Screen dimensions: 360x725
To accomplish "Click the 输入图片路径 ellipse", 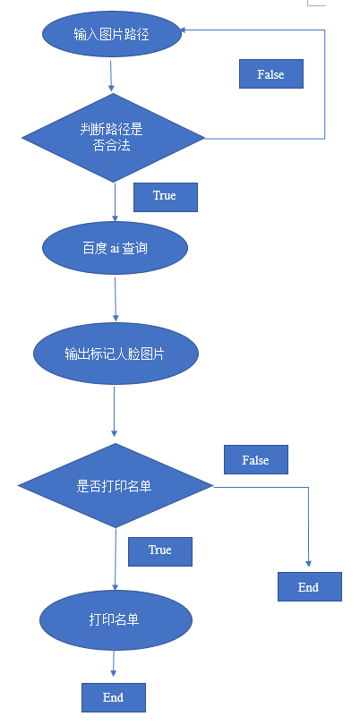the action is [x=112, y=34].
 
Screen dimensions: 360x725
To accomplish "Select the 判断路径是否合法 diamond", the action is [x=114, y=138].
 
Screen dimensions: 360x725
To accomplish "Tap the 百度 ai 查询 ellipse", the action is [x=115, y=248].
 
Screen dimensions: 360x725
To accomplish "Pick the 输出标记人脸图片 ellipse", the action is [x=116, y=354].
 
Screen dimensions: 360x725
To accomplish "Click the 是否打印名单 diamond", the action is [x=116, y=485].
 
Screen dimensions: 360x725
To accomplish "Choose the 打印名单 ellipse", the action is [x=116, y=620].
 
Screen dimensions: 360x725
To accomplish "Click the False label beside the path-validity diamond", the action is [x=271, y=74].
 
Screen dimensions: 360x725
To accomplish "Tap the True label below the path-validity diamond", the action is [x=166, y=198].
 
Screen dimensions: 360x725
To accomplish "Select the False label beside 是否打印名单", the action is [x=256, y=459].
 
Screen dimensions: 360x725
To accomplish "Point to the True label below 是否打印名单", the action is [x=160, y=551].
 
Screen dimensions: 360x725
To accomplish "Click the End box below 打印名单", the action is [x=114, y=697].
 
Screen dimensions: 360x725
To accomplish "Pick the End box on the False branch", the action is [x=310, y=587].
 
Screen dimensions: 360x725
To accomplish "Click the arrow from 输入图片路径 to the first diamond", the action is [x=111, y=75].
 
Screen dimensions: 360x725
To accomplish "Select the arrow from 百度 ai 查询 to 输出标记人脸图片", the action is [x=116, y=299].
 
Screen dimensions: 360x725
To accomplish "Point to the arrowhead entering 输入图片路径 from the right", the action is [x=183, y=30].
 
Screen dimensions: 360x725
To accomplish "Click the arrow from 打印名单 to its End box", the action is [x=114, y=664].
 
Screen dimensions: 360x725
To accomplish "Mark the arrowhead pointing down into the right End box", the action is [x=309, y=564].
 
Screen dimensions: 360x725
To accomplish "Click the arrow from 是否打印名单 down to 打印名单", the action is [x=116, y=559].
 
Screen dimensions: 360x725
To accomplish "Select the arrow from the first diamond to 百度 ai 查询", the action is [x=115, y=202].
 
